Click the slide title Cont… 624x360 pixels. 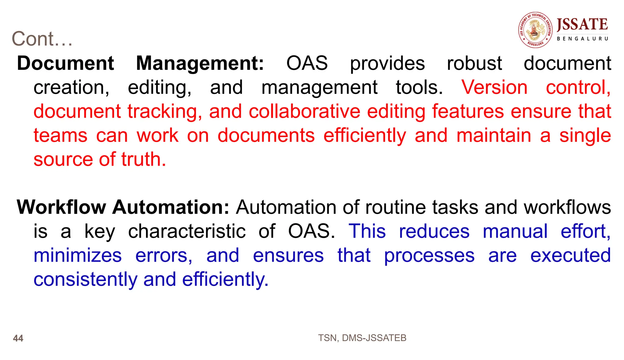[x=42, y=39]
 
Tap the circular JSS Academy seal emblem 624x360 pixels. [x=535, y=30]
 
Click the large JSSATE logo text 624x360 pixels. [x=582, y=24]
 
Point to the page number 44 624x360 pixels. [x=18, y=338]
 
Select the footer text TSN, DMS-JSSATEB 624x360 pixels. [x=362, y=338]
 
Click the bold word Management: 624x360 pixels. [x=200, y=63]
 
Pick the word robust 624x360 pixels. [x=474, y=63]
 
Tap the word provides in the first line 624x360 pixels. [x=387, y=64]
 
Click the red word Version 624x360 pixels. [x=494, y=87]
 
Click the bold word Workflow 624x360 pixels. [x=61, y=207]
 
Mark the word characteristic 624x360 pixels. [x=187, y=231]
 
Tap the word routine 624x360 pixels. [x=395, y=207]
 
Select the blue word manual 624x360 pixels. [x=515, y=231]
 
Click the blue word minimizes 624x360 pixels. [x=78, y=256]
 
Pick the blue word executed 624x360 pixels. [x=570, y=256]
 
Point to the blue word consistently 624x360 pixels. [x=85, y=280]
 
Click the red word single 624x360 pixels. [x=585, y=136]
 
